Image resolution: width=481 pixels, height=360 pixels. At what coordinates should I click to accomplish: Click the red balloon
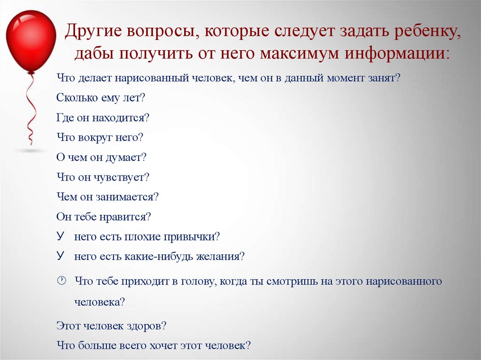tap(31, 41)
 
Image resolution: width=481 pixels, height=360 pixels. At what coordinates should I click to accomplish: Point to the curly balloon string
tap(30, 109)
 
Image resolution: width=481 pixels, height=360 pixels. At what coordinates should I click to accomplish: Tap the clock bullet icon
tap(62, 281)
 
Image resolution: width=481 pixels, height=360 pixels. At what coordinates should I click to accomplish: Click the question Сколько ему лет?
tap(101, 98)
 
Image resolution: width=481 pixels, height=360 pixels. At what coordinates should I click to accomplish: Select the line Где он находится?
tap(103, 118)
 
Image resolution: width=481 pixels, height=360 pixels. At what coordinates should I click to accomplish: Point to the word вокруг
tap(95, 138)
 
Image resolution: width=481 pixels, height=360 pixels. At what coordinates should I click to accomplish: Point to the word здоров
tap(146, 326)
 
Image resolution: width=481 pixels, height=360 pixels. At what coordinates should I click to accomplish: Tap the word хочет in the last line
tap(163, 345)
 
